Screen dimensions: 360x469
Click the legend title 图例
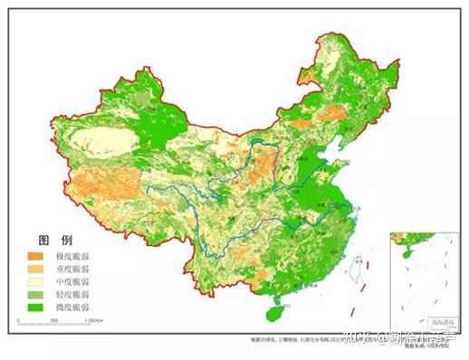(x=53, y=241)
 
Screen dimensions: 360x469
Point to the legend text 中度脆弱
(x=73, y=281)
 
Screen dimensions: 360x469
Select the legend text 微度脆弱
(x=73, y=307)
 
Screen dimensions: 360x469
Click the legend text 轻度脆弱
(x=73, y=294)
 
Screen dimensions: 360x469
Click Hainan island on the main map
(x=272, y=310)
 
